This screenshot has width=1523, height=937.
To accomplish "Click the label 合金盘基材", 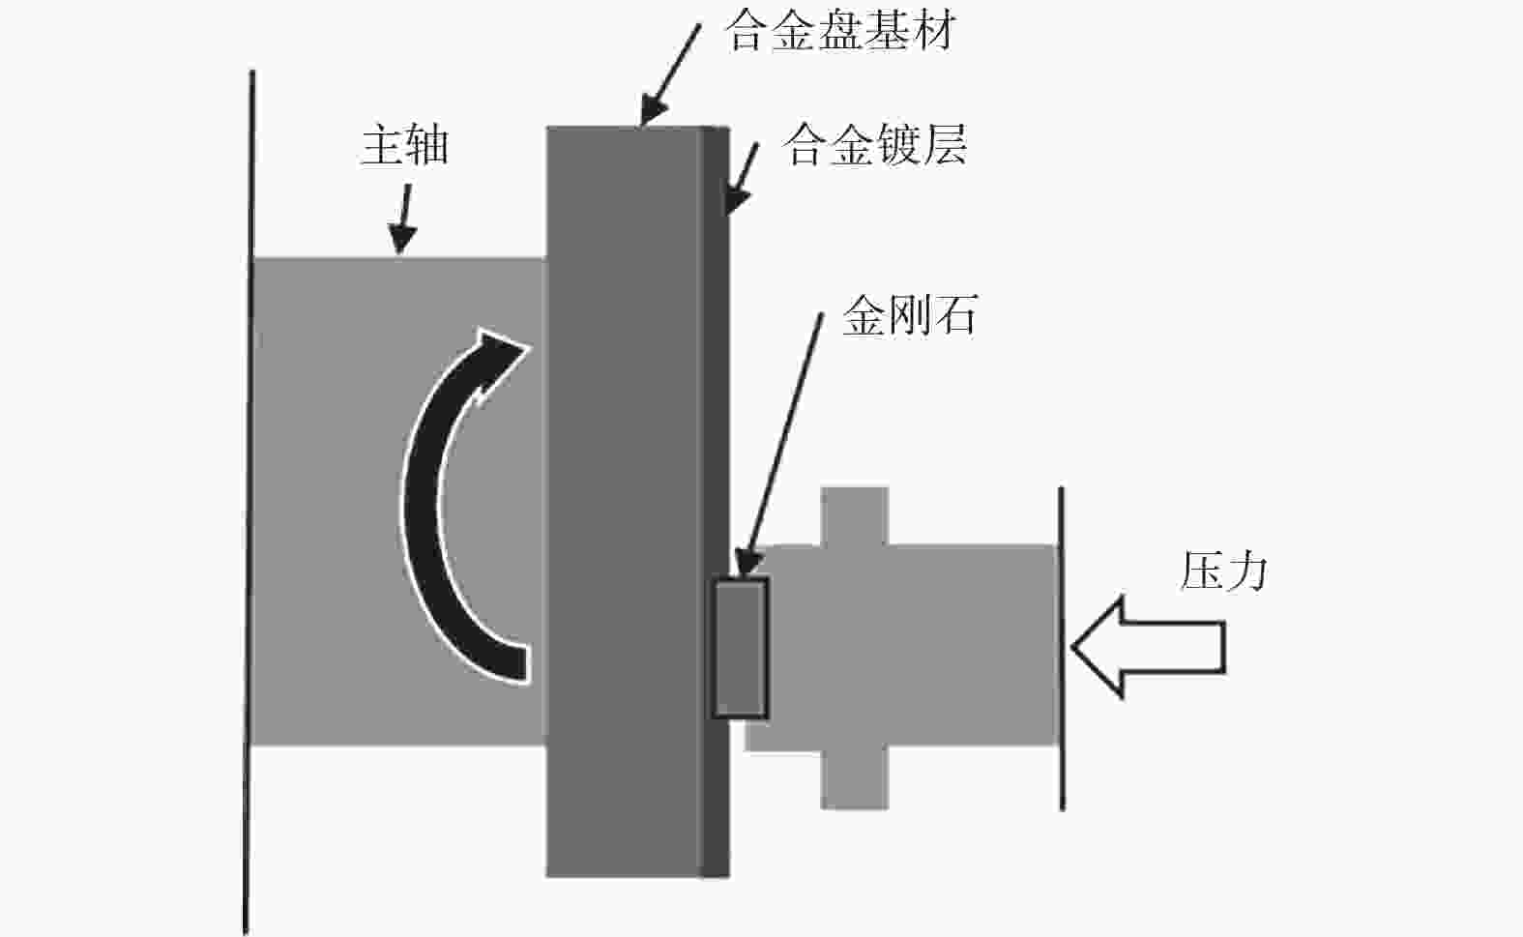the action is pos(840,31).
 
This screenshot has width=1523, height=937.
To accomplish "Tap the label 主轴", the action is pos(404,145).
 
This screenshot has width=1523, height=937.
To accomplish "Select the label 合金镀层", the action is pos(874,145).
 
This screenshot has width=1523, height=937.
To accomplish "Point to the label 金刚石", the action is pos(910,315).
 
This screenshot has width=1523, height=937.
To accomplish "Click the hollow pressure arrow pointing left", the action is pos(1149,647).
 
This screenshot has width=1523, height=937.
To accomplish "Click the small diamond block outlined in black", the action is pos(741,648).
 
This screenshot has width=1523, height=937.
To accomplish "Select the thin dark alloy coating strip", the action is pos(715,502).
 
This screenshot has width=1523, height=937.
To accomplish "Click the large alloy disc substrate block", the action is pos(624,502).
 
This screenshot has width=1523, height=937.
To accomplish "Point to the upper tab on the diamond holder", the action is pos(855,516).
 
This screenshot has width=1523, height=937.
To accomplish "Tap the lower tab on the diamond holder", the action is pos(855,779).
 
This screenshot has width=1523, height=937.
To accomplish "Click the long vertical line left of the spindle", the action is pos(249,502).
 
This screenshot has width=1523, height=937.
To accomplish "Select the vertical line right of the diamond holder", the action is pos(1062,649).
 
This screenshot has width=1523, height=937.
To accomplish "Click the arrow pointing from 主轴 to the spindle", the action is pos(403,219).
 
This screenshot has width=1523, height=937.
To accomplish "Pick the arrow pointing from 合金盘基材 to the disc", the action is pos(670,74).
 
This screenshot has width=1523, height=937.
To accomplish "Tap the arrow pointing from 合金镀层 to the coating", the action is pos(741,178).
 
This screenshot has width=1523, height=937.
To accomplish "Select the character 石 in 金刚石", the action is pos(955,315).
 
